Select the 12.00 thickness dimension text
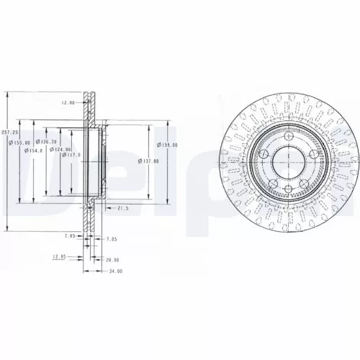(68, 102)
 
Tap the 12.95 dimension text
(59, 255)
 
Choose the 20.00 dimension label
(112, 260)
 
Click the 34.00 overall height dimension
(114, 271)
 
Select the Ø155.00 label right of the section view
(170, 145)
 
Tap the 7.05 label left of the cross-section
(70, 235)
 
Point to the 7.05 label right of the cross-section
(112, 238)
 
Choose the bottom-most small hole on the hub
(287, 189)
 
